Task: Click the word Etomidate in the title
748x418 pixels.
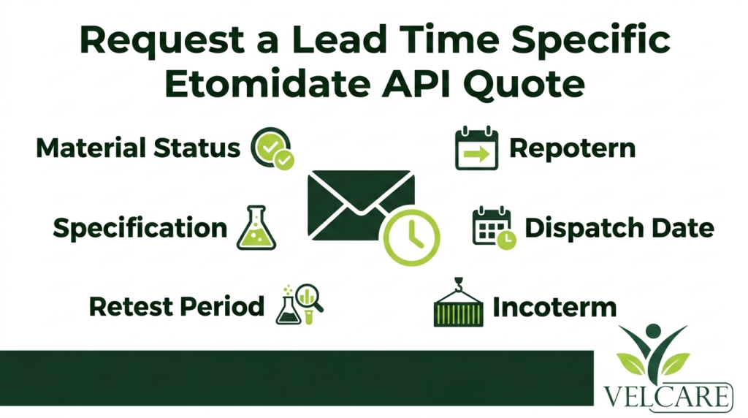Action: point(268,84)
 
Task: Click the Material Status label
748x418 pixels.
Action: point(138,148)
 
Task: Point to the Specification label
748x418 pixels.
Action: point(140,228)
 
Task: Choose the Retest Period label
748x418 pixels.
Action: point(177,306)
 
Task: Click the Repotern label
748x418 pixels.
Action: point(573,148)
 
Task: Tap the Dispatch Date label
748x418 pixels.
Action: point(619,227)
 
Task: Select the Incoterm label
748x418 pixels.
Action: point(554,307)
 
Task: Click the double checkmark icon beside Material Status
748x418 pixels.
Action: point(272,148)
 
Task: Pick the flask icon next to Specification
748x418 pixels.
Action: point(256,227)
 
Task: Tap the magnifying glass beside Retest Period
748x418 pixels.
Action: point(309,298)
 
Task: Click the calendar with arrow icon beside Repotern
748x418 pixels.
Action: point(476,148)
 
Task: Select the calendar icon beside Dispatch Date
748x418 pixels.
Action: point(493,227)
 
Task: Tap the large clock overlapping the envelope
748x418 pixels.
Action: point(411,237)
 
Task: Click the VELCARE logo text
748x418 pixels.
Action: point(668,395)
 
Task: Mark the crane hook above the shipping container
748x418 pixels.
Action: point(459,284)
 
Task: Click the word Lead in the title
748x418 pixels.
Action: point(339,39)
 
